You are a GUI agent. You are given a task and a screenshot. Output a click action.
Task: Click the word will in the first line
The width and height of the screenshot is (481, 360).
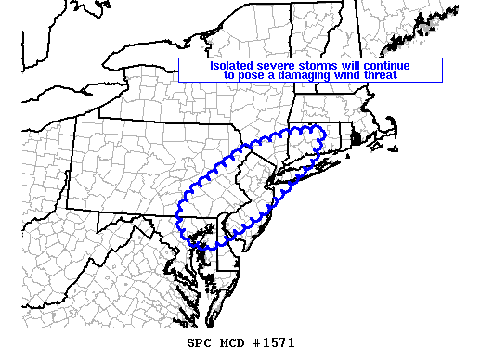pos(360,66)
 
